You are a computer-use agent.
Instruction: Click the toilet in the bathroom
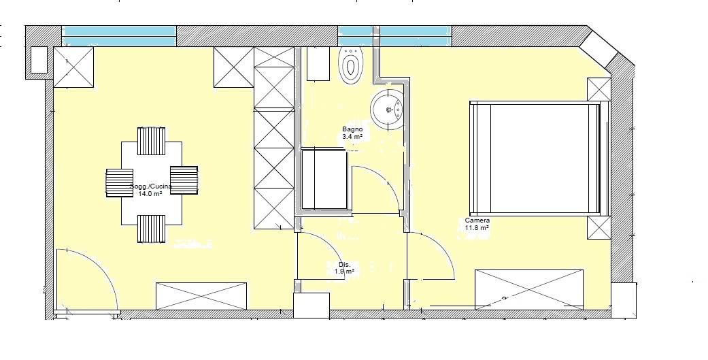[x=351, y=66]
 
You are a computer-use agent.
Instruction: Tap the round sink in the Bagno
[x=387, y=110]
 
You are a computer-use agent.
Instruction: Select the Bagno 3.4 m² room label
[x=352, y=133]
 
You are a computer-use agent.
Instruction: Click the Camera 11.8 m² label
[x=477, y=224]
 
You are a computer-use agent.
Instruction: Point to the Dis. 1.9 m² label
[x=344, y=268]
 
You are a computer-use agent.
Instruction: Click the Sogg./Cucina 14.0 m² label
[x=150, y=190]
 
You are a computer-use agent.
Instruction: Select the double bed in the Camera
[x=539, y=158]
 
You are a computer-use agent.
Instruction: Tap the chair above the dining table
[x=151, y=141]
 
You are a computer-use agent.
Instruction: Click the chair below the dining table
[x=151, y=229]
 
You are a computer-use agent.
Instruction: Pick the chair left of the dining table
[x=120, y=182]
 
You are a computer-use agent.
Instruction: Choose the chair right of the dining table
[x=184, y=180]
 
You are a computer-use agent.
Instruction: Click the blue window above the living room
[x=119, y=36]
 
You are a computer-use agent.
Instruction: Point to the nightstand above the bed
[x=599, y=89]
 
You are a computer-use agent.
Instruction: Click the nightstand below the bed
[x=599, y=228]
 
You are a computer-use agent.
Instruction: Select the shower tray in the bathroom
[x=324, y=180]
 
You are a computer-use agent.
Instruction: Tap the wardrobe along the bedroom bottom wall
[x=528, y=289]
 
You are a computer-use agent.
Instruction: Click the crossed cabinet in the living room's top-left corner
[x=73, y=67]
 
